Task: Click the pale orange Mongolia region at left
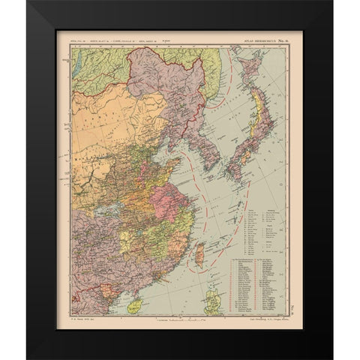pos(105,120)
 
